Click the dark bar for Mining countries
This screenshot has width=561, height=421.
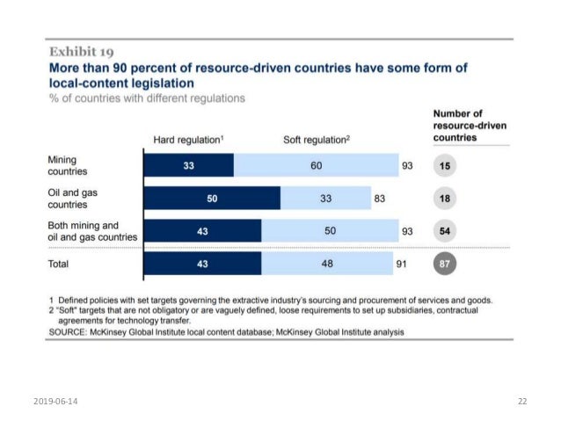click(x=188, y=165)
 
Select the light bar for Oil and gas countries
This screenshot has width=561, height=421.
click(x=325, y=199)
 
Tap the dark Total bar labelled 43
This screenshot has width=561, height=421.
click(x=202, y=264)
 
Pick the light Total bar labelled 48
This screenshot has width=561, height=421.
click(x=329, y=264)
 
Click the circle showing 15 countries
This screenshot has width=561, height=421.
click(x=445, y=165)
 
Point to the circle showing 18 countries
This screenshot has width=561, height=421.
click(x=445, y=199)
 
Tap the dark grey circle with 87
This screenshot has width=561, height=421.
click(x=445, y=264)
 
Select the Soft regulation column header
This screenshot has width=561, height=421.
click(x=315, y=141)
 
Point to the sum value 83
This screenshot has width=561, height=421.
click(x=380, y=199)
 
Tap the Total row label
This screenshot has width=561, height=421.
click(x=60, y=264)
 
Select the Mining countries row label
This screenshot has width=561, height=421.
click(x=67, y=165)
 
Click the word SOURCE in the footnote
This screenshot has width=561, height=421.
click(x=69, y=332)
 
